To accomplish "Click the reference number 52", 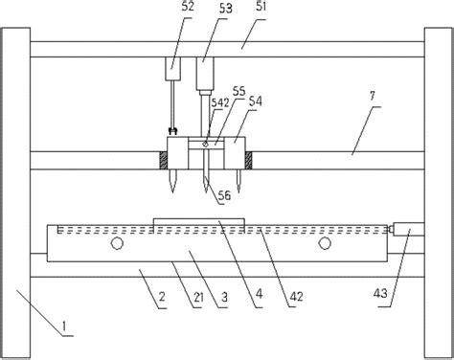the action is [x=188, y=7].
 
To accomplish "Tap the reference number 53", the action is [x=226, y=9].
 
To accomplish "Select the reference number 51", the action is [x=261, y=7].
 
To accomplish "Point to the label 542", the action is [x=220, y=102].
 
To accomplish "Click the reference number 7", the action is [x=373, y=97].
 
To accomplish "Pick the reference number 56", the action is [x=224, y=195].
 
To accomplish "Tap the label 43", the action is [x=380, y=293].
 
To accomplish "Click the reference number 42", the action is [x=296, y=297].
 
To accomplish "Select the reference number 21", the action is [x=198, y=298].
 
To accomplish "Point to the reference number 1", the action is [x=65, y=326].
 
